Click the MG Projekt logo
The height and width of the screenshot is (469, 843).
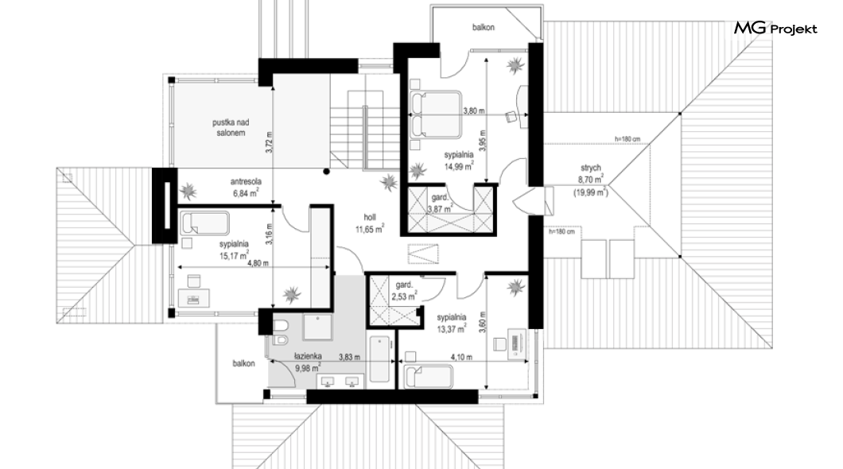click(775, 28)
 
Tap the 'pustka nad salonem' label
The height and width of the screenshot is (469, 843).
click(231, 128)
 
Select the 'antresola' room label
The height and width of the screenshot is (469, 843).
click(246, 182)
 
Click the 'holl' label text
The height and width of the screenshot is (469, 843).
click(369, 218)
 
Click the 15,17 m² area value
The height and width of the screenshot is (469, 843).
click(235, 254)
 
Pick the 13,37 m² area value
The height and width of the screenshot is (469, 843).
click(451, 328)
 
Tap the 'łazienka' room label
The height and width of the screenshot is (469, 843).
click(308, 355)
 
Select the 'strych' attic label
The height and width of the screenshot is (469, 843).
click(590, 169)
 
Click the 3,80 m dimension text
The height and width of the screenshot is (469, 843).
click(474, 111)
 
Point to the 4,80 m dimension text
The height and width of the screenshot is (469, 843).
click(257, 263)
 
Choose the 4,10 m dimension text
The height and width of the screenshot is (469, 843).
click(462, 357)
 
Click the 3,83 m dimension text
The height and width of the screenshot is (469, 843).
click(349, 356)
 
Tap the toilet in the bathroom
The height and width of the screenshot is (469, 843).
click(280, 326)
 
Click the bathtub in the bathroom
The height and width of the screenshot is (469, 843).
click(379, 359)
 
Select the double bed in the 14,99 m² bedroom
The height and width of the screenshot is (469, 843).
click(436, 114)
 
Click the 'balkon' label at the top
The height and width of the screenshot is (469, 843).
click(484, 27)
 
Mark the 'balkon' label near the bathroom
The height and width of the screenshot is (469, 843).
click(243, 364)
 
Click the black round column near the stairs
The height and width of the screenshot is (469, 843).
click(326, 172)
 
